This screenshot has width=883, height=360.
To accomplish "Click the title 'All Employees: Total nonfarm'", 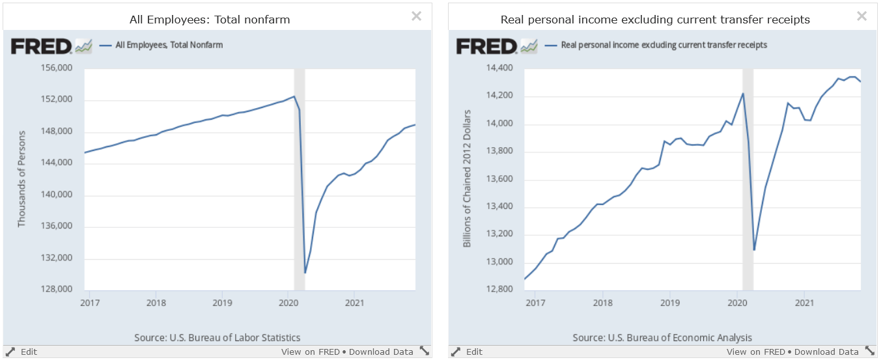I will tap(210, 20).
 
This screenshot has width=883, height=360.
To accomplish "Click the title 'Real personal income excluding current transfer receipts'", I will tap(655, 20).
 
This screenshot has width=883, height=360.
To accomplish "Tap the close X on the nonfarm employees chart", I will tap(416, 16).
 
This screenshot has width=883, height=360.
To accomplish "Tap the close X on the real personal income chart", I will tap(862, 16).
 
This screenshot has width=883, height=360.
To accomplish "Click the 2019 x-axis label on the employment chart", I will tap(222, 303).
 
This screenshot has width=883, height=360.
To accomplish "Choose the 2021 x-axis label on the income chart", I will tap(804, 303).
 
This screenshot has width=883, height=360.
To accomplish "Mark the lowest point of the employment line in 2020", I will tap(305, 273).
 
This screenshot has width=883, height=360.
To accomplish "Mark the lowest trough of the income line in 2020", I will tap(754, 250).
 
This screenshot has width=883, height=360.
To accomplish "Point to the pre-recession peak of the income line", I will tap(743, 93).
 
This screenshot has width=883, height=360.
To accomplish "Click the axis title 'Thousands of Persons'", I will tap(21, 179).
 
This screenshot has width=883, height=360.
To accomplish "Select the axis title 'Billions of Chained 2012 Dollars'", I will tap(467, 179).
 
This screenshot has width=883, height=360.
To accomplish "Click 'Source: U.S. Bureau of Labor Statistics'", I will tap(217, 338).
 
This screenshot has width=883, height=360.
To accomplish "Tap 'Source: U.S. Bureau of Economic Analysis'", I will tap(662, 338).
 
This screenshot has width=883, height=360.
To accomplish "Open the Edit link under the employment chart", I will tap(29, 352).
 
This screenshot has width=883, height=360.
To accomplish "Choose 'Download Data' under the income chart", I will tap(826, 352).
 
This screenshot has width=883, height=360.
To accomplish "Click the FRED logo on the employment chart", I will tap(40, 46).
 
